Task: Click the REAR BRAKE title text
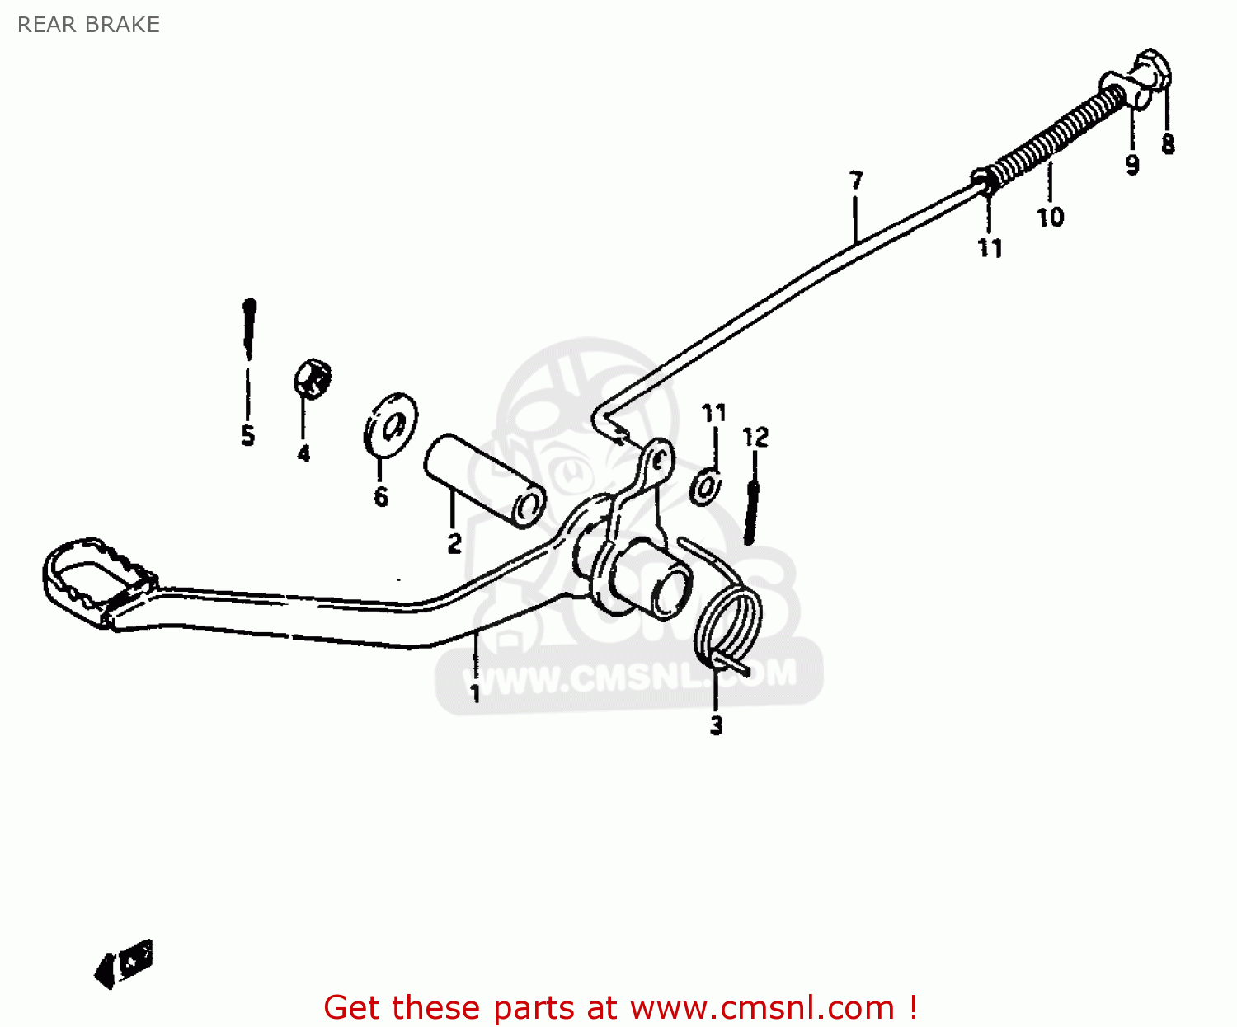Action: [88, 25]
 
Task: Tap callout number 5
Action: [248, 435]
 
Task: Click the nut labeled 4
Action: [313, 378]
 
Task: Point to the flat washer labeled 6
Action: [391, 424]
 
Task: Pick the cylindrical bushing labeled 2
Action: [484, 480]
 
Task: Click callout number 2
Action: [454, 543]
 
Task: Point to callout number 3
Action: [716, 725]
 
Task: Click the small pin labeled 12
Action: [750, 513]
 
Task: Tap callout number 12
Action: [755, 437]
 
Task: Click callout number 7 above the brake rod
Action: [856, 180]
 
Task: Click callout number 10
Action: [1050, 218]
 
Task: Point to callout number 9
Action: [1132, 164]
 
